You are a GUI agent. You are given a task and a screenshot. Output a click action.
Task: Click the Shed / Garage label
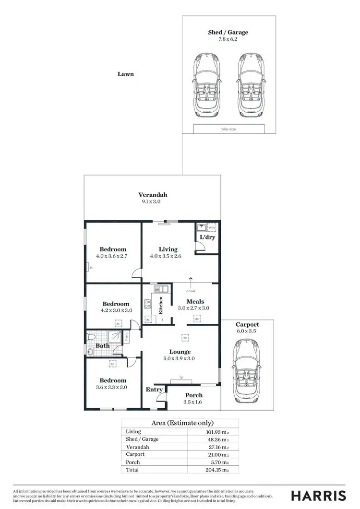228,32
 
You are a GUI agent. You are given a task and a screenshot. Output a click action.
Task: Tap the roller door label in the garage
229,129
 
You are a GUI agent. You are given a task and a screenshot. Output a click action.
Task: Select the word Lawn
125,74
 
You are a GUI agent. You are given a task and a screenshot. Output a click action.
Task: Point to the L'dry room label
207,238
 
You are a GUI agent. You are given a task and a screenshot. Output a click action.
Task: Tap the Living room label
168,249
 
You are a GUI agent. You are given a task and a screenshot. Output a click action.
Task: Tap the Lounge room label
180,352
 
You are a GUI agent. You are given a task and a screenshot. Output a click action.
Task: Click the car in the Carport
248,371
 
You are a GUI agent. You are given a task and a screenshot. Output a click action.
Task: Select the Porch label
194,395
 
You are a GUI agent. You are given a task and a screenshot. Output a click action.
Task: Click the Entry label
154,390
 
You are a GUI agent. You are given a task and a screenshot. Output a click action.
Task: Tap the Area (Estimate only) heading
182,423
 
